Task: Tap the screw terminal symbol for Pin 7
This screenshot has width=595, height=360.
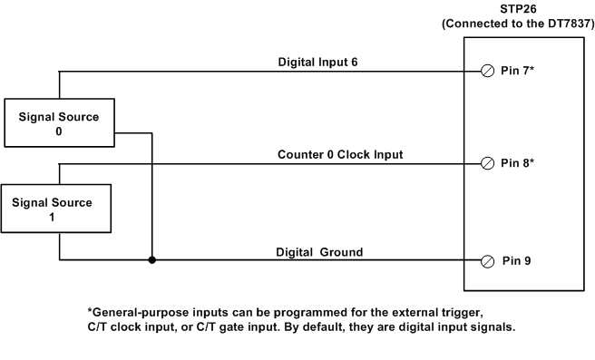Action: [x=487, y=72]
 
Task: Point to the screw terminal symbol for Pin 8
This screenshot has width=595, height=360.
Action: [x=487, y=163]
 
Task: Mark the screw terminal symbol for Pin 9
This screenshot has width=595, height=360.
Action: [x=487, y=261]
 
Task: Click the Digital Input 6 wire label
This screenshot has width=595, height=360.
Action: [x=320, y=63]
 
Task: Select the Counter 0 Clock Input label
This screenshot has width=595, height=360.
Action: [x=340, y=155]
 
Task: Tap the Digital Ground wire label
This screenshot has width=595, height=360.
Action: [x=319, y=252]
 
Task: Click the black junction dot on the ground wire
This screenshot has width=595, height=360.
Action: [x=151, y=260]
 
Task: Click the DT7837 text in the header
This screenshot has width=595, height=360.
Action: [x=560, y=24]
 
